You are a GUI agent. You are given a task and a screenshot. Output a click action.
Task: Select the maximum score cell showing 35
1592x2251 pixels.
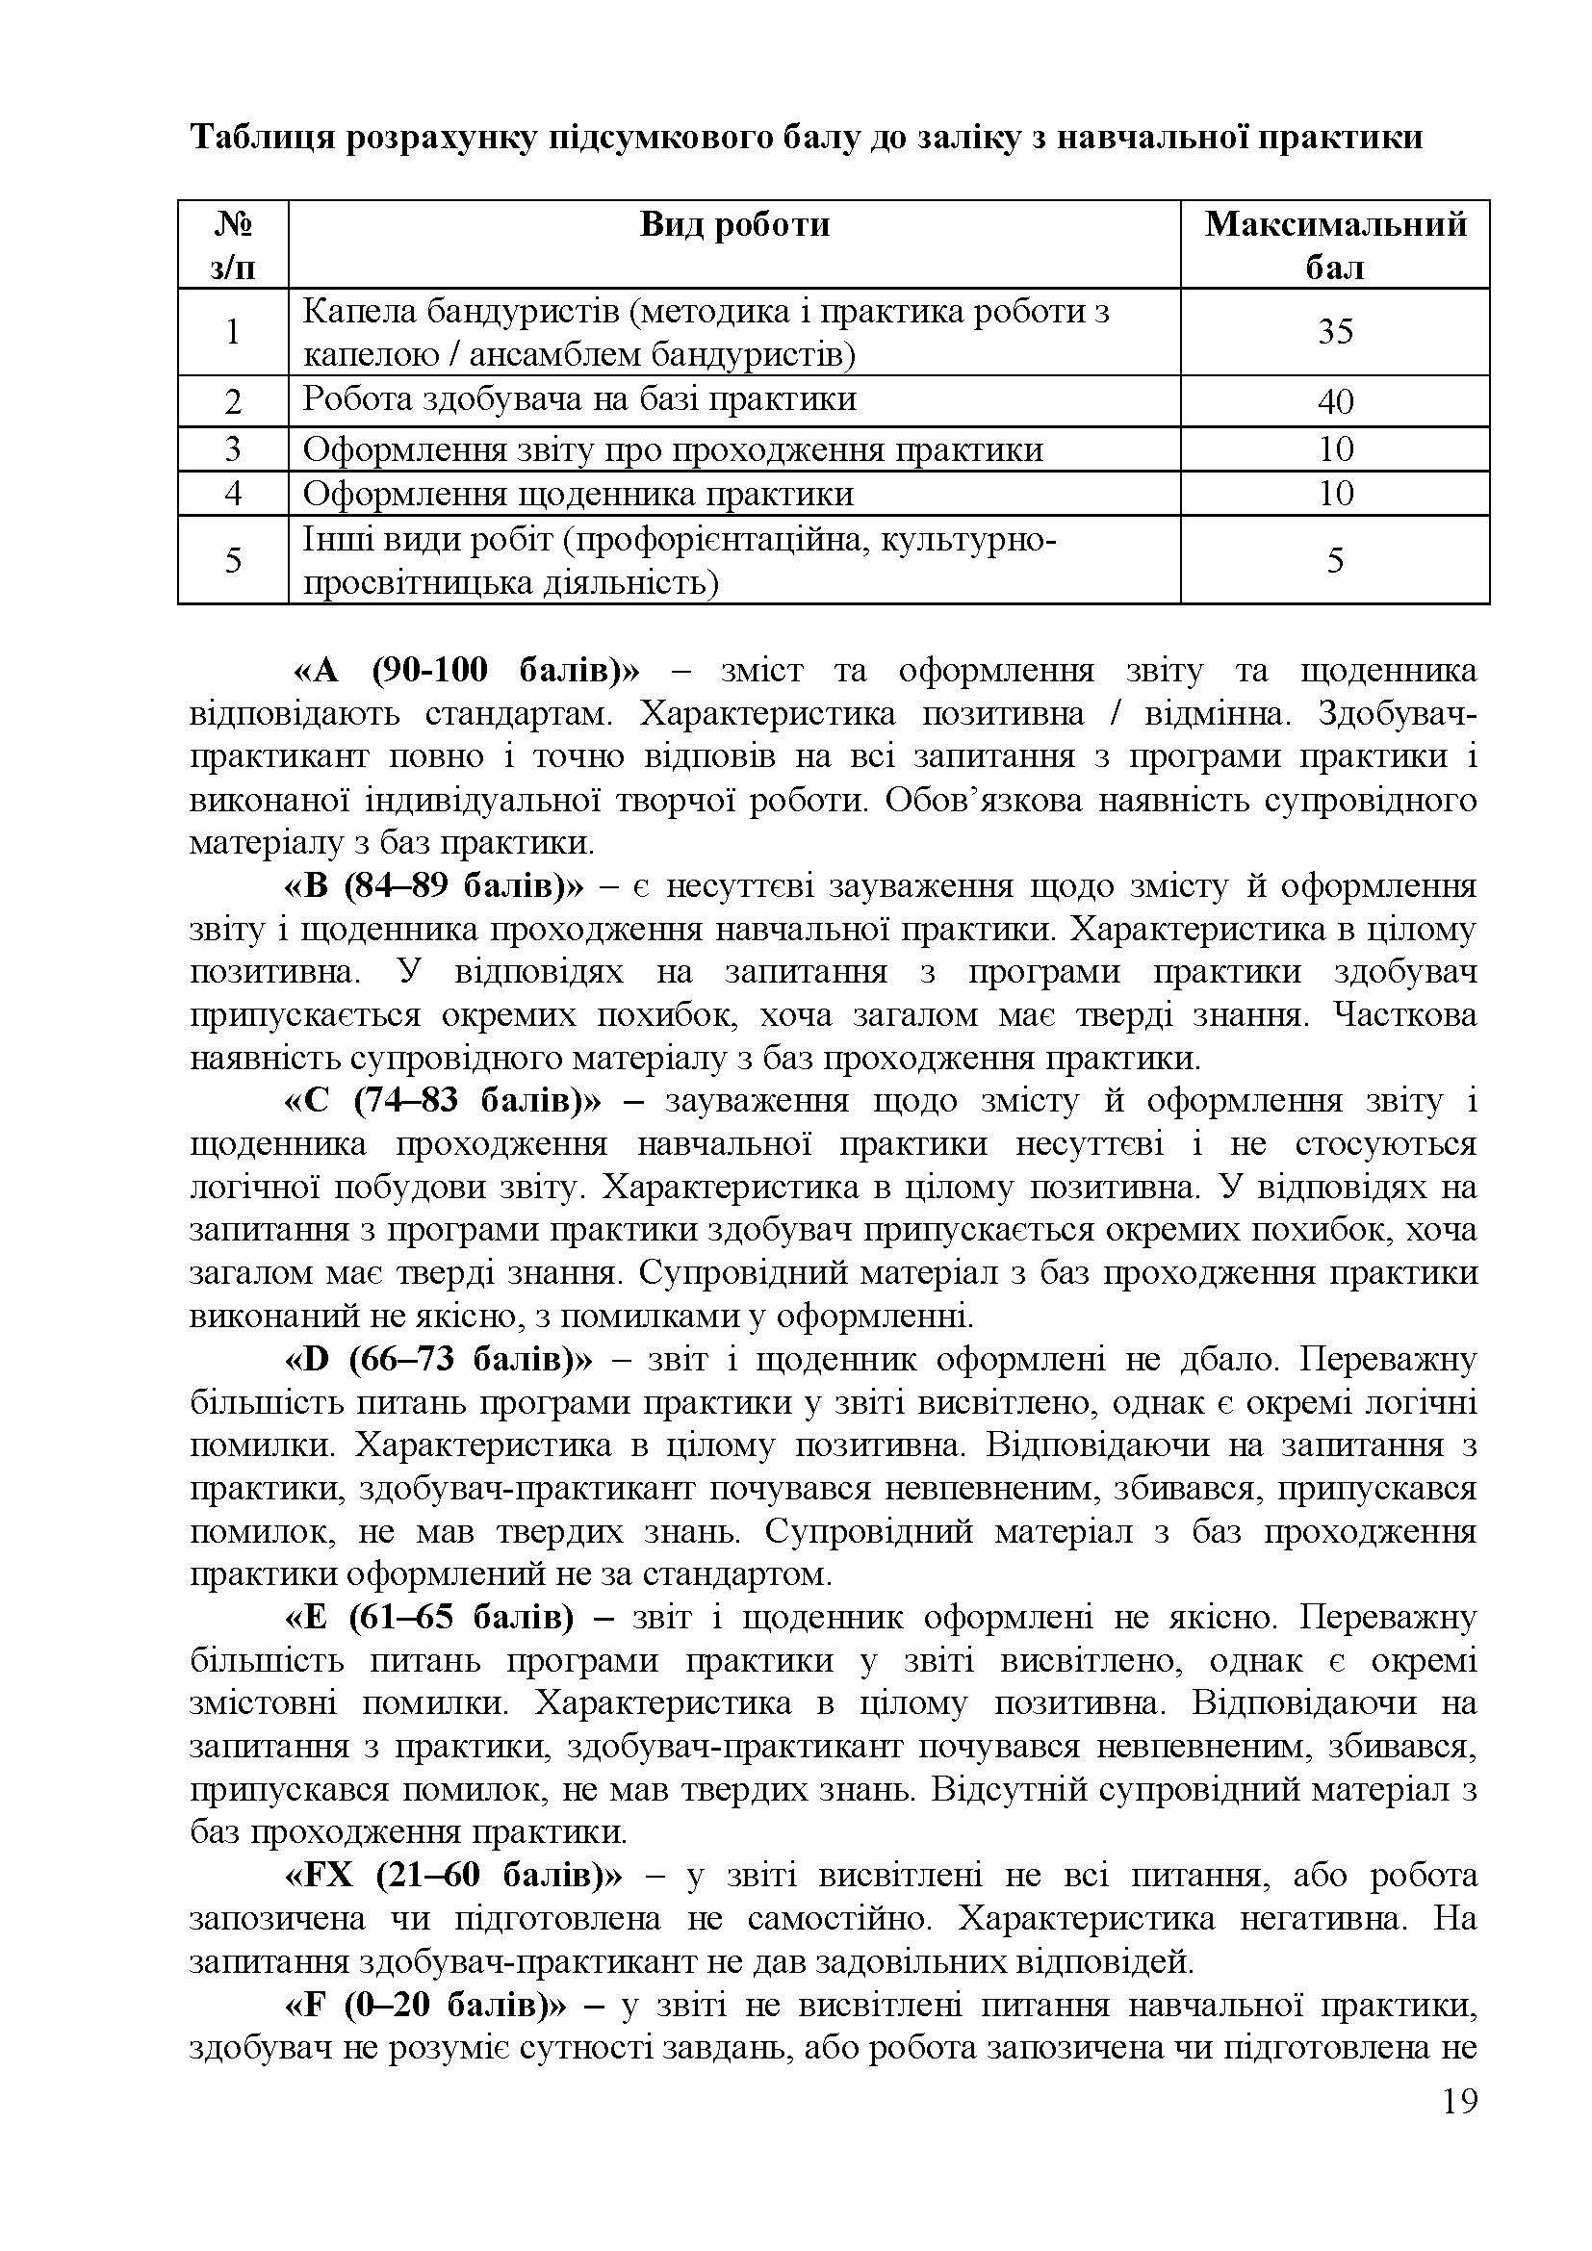point(1334,331)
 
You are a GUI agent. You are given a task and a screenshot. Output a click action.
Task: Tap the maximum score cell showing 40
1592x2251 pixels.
point(1334,401)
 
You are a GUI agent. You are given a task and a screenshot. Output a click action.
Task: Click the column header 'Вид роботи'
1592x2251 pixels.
point(734,224)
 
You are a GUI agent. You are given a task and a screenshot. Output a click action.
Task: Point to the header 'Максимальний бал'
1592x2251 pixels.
point(1334,245)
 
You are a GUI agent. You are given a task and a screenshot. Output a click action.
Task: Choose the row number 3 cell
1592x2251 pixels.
point(232,449)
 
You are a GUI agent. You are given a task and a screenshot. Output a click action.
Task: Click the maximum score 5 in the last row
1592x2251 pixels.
point(1334,560)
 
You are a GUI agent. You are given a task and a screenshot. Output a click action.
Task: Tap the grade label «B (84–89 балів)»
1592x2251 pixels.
point(433,886)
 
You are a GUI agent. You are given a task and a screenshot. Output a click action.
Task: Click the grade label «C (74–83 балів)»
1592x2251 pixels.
point(442,1101)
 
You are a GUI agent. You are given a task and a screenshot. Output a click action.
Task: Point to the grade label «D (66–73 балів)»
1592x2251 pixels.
point(438,1360)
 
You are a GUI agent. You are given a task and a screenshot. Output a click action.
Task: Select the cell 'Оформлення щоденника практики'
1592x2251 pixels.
point(578,493)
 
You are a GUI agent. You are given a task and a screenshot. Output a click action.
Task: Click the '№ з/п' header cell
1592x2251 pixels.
point(232,245)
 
